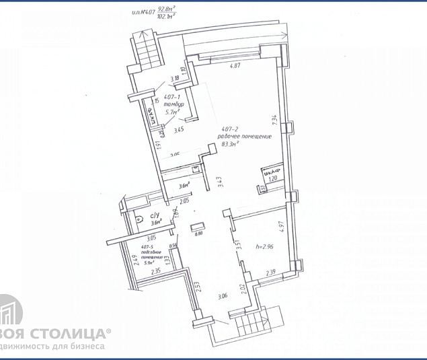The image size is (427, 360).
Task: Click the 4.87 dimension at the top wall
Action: (x=235, y=66)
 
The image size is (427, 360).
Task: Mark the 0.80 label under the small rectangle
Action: (x=198, y=234)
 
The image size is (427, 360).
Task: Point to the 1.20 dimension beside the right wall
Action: (x=273, y=179)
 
